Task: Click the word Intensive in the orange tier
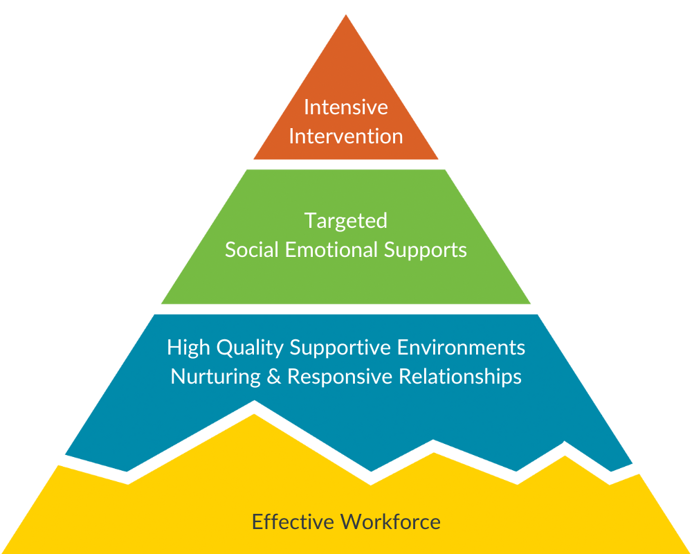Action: [345, 107]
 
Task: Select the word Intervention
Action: [345, 136]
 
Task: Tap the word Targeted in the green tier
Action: [345, 222]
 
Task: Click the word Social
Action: [248, 249]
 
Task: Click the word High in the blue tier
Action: [186, 347]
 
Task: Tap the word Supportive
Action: [344, 348]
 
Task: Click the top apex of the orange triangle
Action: [345, 16]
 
